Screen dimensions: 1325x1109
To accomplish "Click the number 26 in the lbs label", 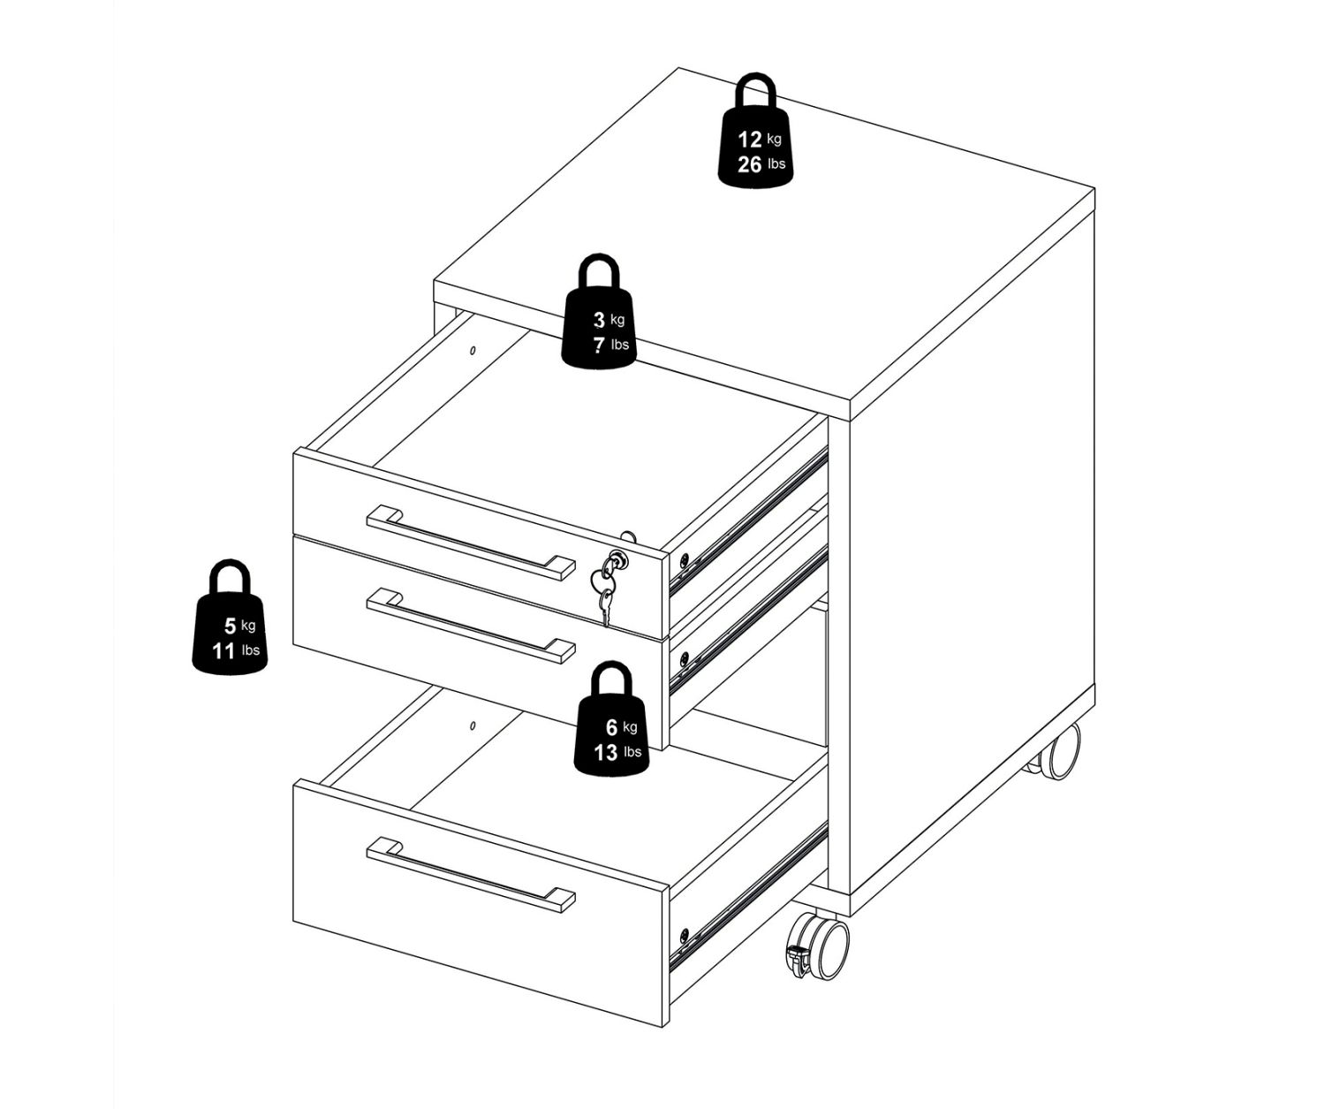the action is click(x=749, y=164).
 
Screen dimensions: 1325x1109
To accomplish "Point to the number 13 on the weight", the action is click(x=605, y=752).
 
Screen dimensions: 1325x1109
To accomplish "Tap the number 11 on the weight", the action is click(x=223, y=650).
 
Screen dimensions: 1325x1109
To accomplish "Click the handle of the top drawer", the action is click(x=471, y=543).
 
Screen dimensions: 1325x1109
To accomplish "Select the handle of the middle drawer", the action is click(x=471, y=626).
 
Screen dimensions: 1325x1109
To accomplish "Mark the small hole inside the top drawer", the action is click(x=472, y=351).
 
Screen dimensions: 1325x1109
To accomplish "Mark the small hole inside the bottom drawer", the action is click(x=472, y=725).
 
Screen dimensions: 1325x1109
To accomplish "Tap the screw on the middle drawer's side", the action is click(x=684, y=656).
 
